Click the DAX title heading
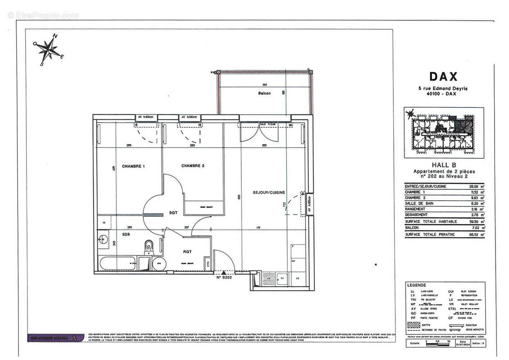443,77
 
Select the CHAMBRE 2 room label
193,166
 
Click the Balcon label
264,93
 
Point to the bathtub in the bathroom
117,263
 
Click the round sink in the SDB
103,239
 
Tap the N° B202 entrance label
224,278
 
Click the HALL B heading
444,165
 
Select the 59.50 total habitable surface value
472,221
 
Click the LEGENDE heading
416,285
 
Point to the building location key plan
444,133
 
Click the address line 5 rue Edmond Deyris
443,89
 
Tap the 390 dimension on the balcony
265,85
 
